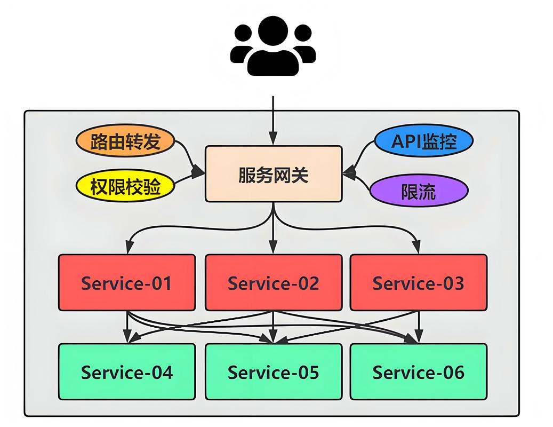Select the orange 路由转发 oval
pyautogui.click(x=125, y=140)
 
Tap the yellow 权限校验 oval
pyautogui.click(x=125, y=186)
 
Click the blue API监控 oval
pyautogui.click(x=423, y=140)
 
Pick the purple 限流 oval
pyautogui.click(x=419, y=191)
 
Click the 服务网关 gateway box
pyautogui.click(x=274, y=174)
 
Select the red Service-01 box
pyautogui.click(x=127, y=283)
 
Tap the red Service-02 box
pyautogui.click(x=274, y=283)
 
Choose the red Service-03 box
pyautogui.click(x=419, y=283)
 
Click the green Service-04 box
pyautogui.click(x=127, y=371)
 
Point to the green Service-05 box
pyautogui.click(x=274, y=371)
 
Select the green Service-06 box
pyautogui.click(x=419, y=371)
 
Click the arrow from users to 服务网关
pyautogui.click(x=273, y=120)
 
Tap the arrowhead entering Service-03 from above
pyautogui.click(x=417, y=247)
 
